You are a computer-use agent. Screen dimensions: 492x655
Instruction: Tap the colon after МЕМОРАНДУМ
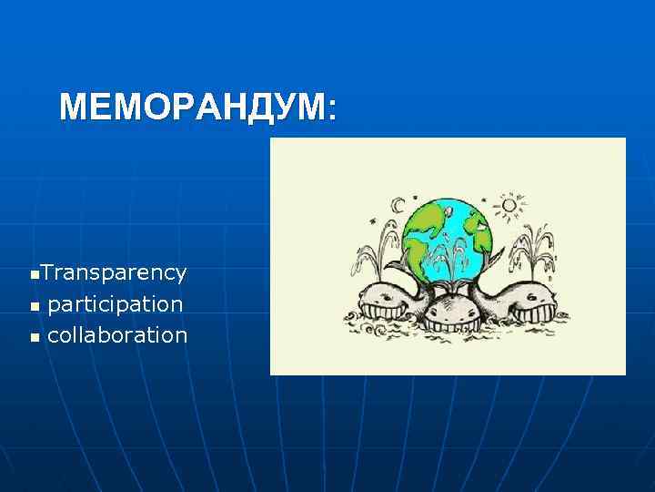(x=331, y=111)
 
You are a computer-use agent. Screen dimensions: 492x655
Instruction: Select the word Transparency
(x=114, y=272)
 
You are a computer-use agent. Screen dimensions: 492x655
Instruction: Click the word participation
(x=115, y=303)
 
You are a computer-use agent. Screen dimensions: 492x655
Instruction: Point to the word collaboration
(x=116, y=334)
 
